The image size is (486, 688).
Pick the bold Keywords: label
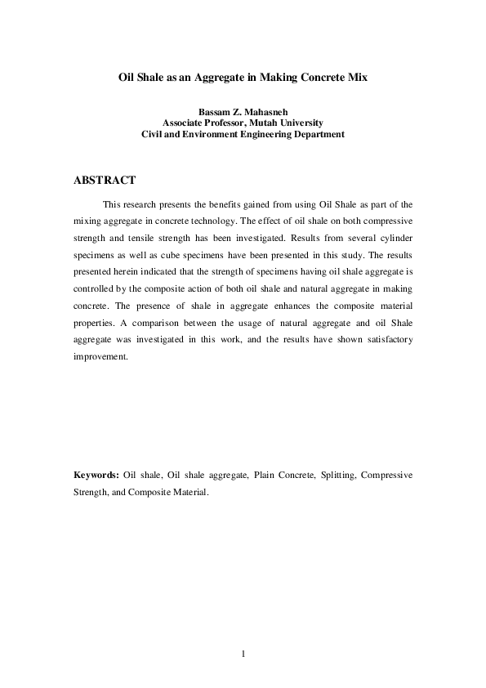(x=96, y=475)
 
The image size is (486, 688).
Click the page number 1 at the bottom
(x=243, y=654)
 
